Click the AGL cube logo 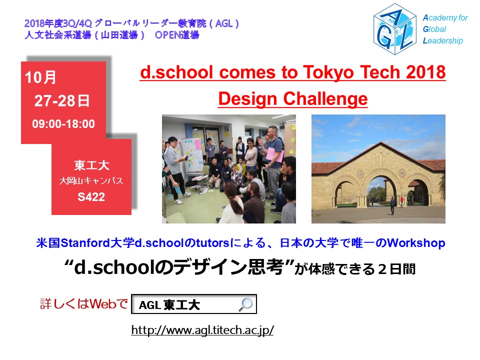[x=394, y=29]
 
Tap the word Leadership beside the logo [x=442, y=40]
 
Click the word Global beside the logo [x=434, y=29]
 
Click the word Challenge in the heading [x=325, y=99]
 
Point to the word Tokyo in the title [x=329, y=72]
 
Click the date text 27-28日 [x=62, y=100]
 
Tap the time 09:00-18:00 [x=63, y=123]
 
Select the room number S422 [x=91, y=197]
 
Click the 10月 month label [x=40, y=77]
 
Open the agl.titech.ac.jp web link [x=202, y=330]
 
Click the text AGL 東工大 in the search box [x=169, y=305]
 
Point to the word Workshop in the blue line [x=416, y=243]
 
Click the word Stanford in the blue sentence [x=85, y=243]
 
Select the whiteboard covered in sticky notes [x=193, y=155]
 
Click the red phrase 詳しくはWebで [x=84, y=304]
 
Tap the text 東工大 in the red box [x=91, y=165]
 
